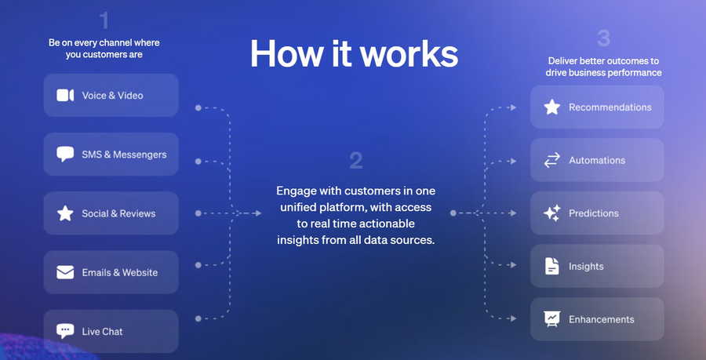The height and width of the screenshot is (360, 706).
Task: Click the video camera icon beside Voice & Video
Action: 65,96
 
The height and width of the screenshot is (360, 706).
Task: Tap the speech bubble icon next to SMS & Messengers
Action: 65,154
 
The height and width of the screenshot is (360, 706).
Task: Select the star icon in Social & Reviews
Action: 65,213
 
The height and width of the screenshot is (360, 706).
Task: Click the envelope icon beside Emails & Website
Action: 65,272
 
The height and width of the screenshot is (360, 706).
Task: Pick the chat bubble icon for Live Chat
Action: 65,331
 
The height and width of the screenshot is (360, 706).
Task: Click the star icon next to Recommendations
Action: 552,107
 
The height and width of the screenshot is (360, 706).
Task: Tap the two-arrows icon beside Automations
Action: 552,160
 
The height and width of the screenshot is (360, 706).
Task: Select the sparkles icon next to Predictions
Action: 552,213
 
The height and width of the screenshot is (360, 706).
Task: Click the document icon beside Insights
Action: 552,266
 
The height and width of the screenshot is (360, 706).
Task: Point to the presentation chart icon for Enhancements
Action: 552,319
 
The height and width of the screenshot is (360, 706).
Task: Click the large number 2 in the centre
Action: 355,161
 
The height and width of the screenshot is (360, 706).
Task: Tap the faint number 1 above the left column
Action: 104,20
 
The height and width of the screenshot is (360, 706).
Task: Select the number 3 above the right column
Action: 603,38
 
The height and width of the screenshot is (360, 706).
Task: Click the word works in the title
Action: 409,53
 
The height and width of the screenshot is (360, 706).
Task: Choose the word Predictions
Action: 594,213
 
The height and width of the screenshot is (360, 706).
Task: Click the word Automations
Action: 597,160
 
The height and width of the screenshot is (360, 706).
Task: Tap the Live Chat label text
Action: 102,332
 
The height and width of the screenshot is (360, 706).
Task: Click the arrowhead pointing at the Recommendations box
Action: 513,107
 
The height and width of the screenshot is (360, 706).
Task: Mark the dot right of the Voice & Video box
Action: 198,108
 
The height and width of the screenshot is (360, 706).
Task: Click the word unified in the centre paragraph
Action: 300,207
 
